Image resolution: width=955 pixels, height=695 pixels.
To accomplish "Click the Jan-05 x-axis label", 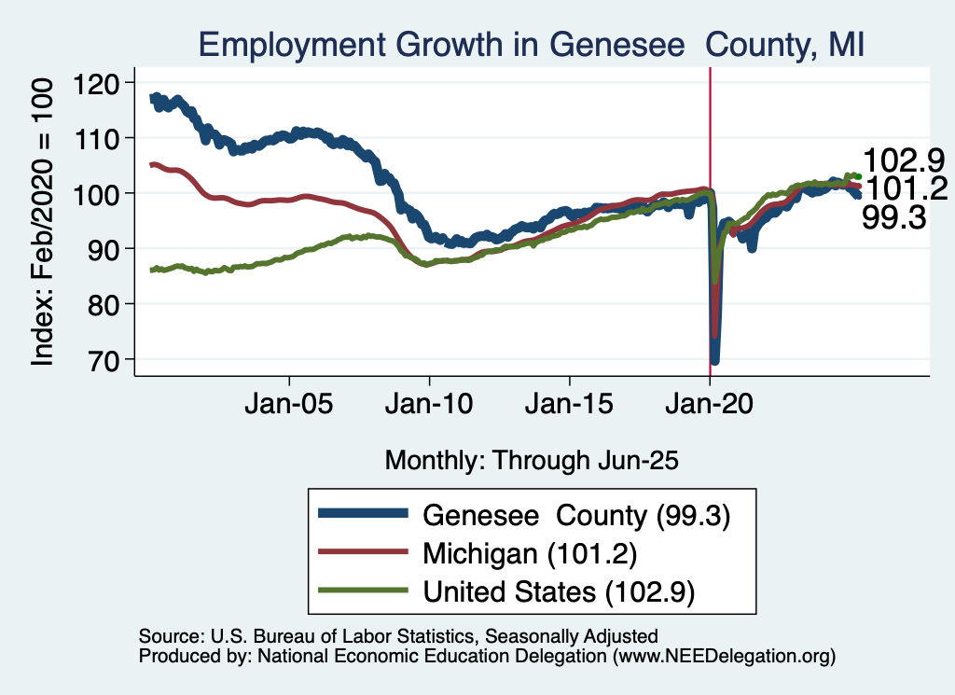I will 289,407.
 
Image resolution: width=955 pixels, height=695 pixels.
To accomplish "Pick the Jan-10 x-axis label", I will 429,407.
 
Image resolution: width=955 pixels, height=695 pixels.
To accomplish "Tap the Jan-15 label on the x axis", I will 569,407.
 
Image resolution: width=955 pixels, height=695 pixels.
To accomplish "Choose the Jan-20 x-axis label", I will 710,407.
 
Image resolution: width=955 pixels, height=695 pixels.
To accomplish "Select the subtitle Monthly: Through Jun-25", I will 531,460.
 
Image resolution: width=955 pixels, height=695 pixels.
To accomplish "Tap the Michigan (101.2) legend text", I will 530,553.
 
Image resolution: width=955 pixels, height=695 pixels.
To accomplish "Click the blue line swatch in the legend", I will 363,514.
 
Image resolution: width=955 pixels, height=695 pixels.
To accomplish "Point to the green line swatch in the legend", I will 363,591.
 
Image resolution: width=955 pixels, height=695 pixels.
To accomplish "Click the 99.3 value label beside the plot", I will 894,218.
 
